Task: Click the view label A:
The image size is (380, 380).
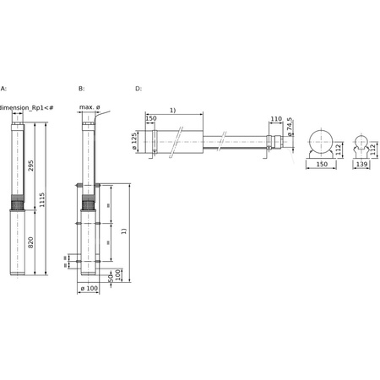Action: [3, 88]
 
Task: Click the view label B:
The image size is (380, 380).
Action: [81, 88]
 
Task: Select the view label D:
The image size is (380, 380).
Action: [138, 88]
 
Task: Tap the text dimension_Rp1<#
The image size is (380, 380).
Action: [28, 107]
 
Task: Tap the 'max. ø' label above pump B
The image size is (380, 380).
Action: [90, 107]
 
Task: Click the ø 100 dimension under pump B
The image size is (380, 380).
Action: [90, 290]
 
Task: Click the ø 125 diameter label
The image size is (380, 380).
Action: [135, 140]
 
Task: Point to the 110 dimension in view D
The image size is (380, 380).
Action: [276, 119]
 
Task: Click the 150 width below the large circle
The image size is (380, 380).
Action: [321, 166]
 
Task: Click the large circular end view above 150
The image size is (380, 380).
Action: [321, 141]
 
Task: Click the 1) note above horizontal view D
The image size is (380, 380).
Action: [172, 110]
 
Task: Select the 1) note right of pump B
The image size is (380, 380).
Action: [124, 230]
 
